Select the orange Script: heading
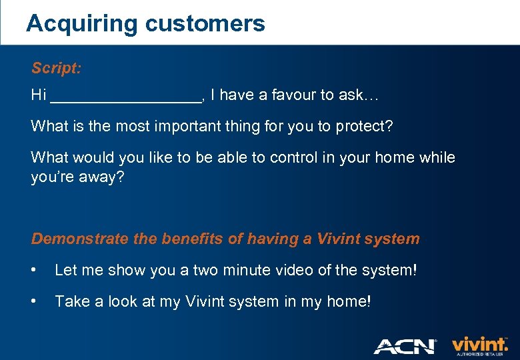coord(57,69)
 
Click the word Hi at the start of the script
coord(39,95)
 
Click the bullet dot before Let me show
coord(35,270)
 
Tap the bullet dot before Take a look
coord(35,301)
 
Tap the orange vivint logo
coord(479,343)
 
